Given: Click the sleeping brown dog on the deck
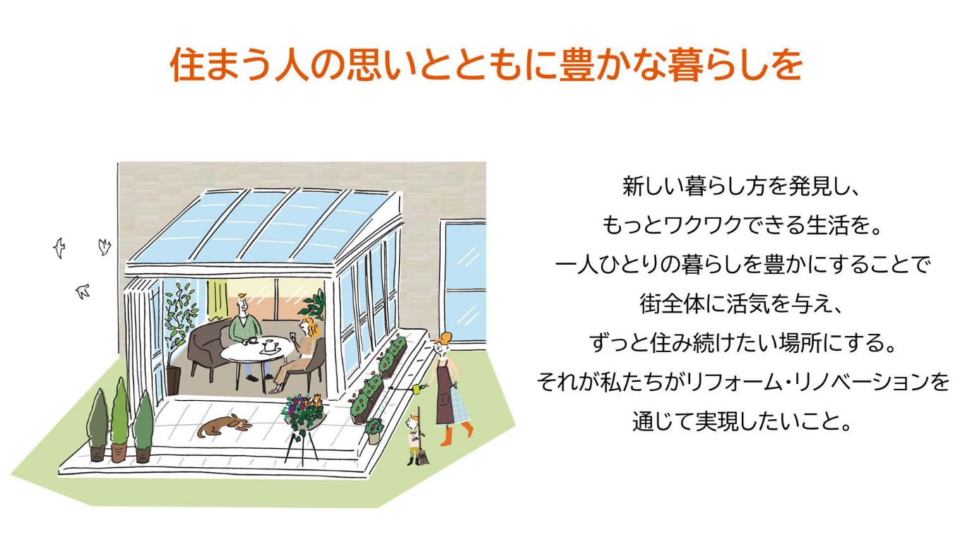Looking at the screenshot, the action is click(225, 426).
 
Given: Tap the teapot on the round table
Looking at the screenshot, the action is click(270, 345).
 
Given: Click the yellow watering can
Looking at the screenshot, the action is click(417, 389).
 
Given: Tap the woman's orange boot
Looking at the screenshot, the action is click(446, 435).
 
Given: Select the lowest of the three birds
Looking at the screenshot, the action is click(82, 291).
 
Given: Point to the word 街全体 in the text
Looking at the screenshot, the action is click(670, 303).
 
